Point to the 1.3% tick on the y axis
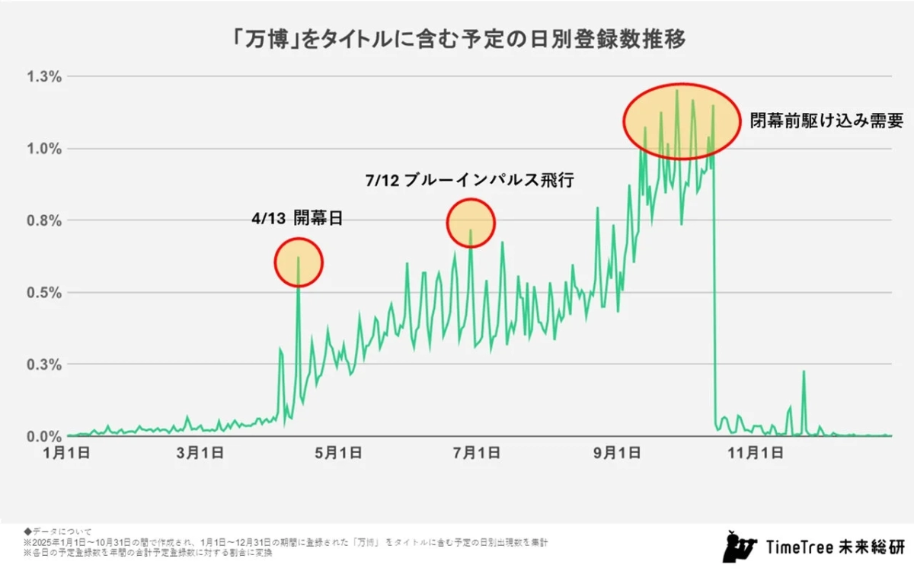coord(44,76)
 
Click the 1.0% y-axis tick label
coord(44,149)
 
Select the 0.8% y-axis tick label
coord(44,220)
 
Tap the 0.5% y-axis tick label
coord(44,293)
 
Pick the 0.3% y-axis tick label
coord(44,364)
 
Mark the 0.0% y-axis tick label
coord(44,437)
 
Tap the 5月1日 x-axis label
coord(337,453)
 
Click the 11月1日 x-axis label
coord(752,453)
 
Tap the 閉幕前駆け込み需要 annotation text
coord(826,120)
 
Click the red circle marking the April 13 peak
coord(299,263)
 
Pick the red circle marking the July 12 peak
coord(471,223)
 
